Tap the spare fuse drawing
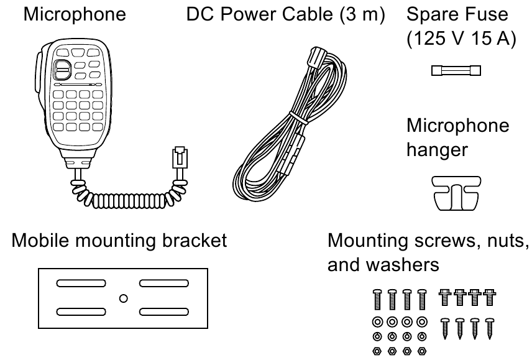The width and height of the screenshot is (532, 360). coord(456,72)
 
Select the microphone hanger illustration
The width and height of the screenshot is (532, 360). coord(456,193)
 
